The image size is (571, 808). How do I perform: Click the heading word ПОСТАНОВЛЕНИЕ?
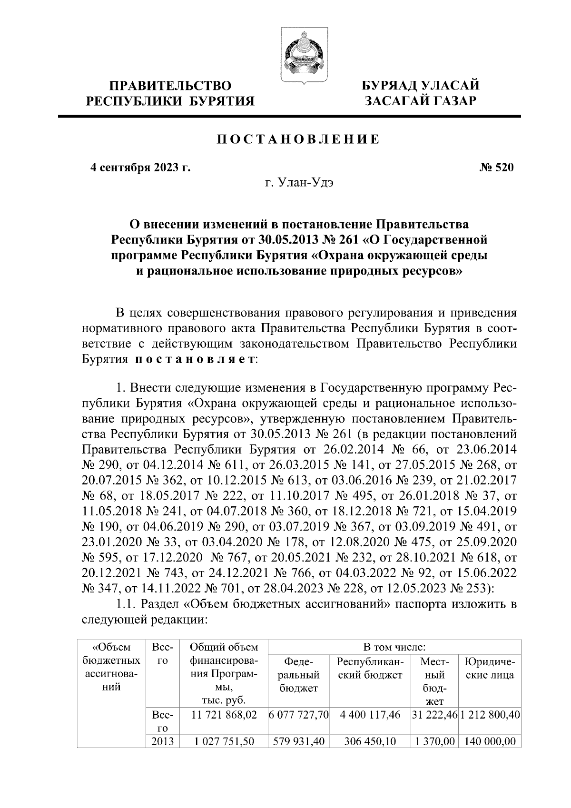[298, 139]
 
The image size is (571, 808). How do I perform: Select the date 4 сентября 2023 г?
[140, 168]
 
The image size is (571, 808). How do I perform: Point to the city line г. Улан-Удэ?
[299, 183]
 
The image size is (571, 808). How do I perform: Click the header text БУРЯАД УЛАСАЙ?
[420, 86]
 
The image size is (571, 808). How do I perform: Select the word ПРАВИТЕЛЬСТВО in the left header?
[170, 86]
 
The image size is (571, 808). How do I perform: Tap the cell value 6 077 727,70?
[299, 714]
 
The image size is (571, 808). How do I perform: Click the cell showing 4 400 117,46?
[370, 714]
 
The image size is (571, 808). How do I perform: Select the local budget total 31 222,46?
[434, 714]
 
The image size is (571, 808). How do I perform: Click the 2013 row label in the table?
[162, 741]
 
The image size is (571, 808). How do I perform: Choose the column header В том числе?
[394, 647]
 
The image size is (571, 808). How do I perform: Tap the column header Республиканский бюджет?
[370, 668]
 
